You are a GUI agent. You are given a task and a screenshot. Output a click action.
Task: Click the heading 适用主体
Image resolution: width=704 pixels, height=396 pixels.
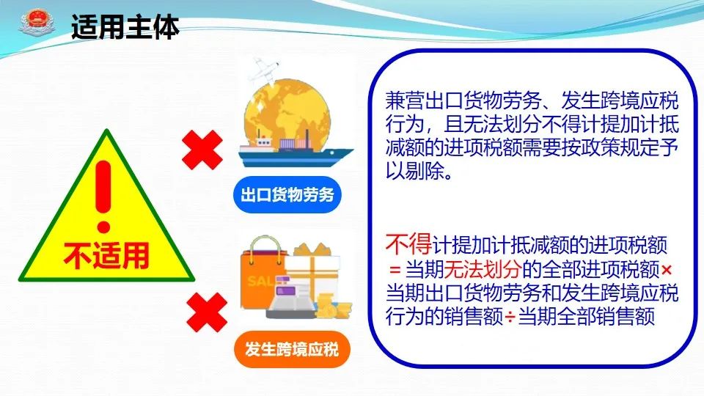click(x=125, y=27)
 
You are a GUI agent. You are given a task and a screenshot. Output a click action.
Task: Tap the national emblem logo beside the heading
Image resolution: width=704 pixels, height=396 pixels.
click(x=37, y=23)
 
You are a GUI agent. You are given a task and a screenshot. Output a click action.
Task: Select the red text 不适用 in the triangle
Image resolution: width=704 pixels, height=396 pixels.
click(x=106, y=256)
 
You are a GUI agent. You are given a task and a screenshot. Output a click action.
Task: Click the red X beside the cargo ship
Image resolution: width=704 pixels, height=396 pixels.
click(x=202, y=150)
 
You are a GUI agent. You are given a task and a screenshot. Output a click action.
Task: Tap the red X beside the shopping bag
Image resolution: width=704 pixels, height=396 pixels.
click(x=207, y=312)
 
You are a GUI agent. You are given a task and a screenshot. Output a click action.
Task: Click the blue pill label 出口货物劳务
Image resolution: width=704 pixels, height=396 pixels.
click(x=287, y=195)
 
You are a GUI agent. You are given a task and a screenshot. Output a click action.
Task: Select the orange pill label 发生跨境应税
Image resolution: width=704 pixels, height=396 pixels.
click(x=292, y=349)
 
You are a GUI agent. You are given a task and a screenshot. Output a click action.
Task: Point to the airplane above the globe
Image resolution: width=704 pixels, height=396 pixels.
click(x=264, y=70)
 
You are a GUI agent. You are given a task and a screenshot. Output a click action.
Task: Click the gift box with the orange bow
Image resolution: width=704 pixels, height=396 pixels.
click(x=315, y=269)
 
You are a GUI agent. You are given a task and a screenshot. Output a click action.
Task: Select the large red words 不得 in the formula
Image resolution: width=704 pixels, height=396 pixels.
click(x=408, y=244)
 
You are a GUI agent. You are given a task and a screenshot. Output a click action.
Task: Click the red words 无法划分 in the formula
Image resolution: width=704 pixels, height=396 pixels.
click(x=483, y=269)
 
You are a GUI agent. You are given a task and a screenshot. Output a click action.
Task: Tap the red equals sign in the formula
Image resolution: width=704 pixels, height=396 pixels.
click(x=395, y=270)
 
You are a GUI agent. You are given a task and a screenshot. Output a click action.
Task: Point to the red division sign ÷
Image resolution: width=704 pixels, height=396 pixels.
click(x=510, y=318)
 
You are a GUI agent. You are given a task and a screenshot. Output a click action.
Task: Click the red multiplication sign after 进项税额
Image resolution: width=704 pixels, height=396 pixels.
click(x=667, y=270)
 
